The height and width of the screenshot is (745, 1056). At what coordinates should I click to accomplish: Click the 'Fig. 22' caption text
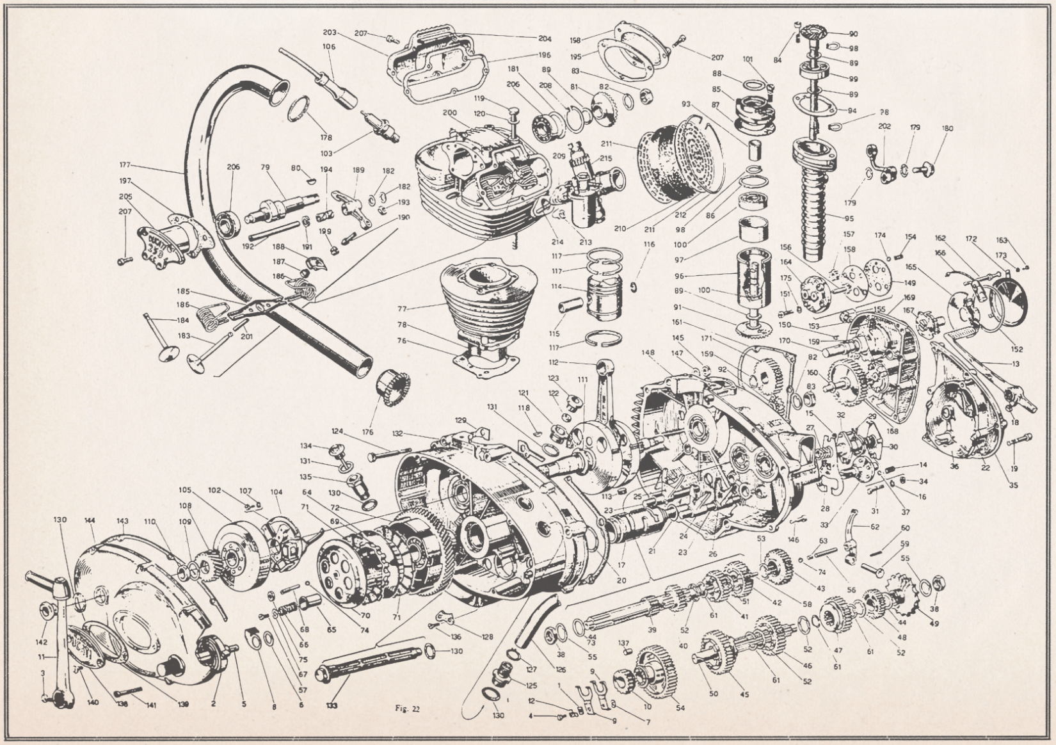[407, 709]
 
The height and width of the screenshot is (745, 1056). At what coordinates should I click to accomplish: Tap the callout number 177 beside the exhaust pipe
[125, 164]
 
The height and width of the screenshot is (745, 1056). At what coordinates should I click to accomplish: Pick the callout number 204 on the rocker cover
[545, 37]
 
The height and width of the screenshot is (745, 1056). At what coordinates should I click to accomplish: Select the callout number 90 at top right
[853, 34]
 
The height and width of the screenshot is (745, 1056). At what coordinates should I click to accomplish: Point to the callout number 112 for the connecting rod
[553, 363]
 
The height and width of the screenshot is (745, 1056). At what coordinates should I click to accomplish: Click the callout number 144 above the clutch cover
[90, 521]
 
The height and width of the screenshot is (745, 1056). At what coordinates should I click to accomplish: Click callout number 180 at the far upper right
[947, 129]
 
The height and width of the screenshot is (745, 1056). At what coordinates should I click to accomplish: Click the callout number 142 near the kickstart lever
[42, 641]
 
